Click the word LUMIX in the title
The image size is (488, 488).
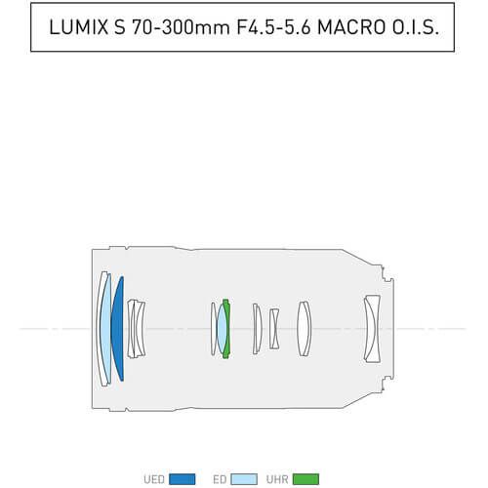pos(79,26)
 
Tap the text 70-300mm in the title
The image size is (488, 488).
pos(181,26)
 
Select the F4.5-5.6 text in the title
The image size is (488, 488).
pos(273,26)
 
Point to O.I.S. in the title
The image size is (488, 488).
pos(416,26)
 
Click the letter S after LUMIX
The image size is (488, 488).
pos(120,26)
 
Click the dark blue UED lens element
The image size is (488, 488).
pos(118,329)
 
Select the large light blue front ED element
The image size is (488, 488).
pos(105,329)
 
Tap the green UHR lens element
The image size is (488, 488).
pos(227,329)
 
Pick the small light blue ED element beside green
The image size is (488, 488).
pos(222,329)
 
